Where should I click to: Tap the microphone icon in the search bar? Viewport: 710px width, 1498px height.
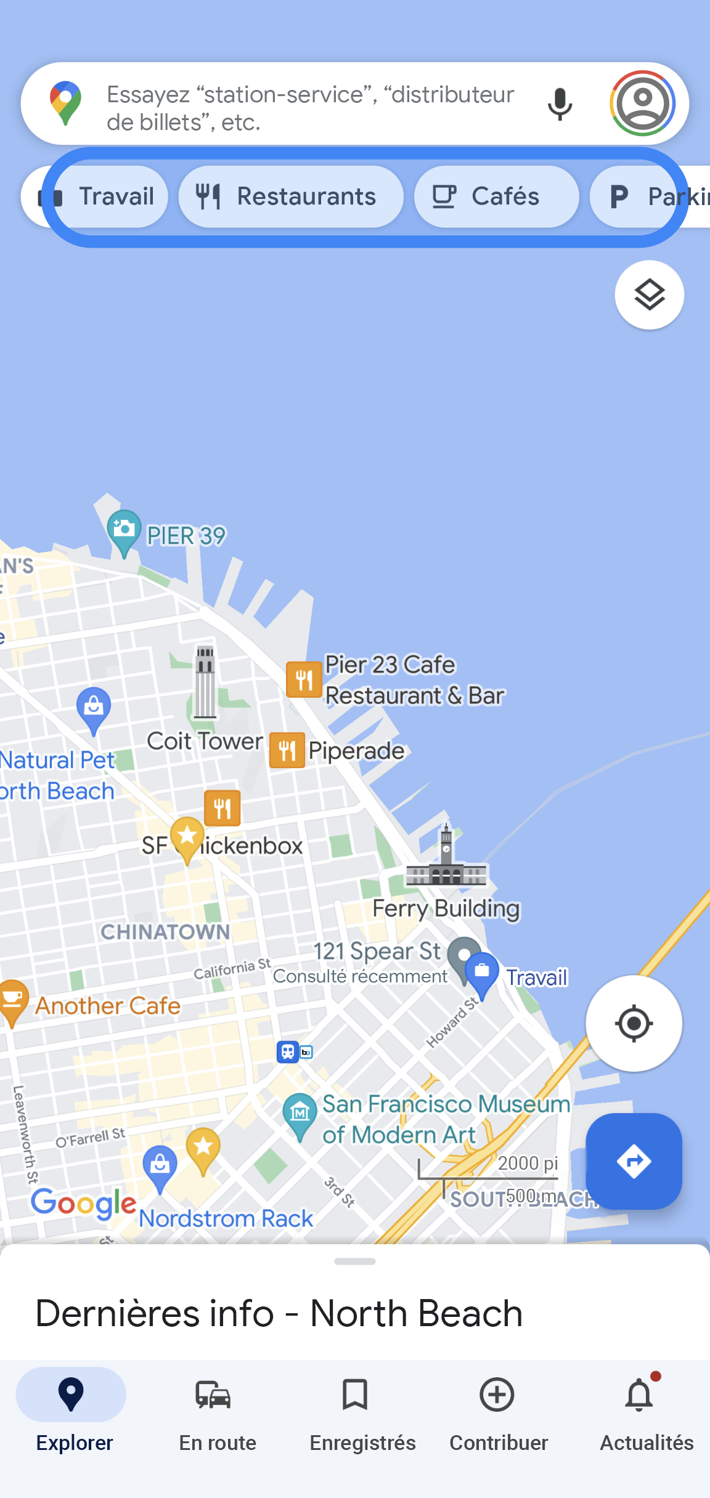coord(560,104)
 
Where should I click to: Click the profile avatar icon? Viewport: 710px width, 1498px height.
coord(642,103)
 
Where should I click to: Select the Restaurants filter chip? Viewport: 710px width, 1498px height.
coord(291,196)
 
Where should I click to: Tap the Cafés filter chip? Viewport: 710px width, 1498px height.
coord(496,196)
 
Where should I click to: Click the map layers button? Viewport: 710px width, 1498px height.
coord(649,295)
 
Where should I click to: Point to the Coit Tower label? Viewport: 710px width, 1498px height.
coord(205,741)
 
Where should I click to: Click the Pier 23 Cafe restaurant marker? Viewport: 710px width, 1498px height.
coord(304,679)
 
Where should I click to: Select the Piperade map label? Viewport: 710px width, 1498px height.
coord(356,751)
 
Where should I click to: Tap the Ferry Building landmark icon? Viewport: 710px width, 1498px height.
coord(446,859)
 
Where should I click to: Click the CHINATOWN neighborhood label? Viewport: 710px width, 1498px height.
coord(165,932)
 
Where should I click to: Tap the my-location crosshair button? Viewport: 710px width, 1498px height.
coord(634,1024)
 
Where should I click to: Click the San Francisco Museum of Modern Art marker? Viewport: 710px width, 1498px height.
coord(300,1113)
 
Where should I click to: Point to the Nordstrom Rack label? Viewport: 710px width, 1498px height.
coord(226,1218)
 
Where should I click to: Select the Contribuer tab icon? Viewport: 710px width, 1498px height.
coord(497,1395)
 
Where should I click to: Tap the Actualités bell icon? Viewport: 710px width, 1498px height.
coord(640,1395)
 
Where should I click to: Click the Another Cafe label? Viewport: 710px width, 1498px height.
coord(108,1006)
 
